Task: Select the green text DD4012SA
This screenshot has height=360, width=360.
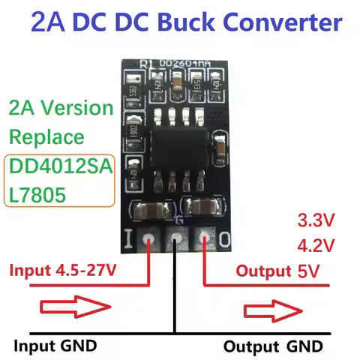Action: pos(58,167)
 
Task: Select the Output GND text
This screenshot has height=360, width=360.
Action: pos(274,346)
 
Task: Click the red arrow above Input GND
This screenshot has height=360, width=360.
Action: pos(67,308)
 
